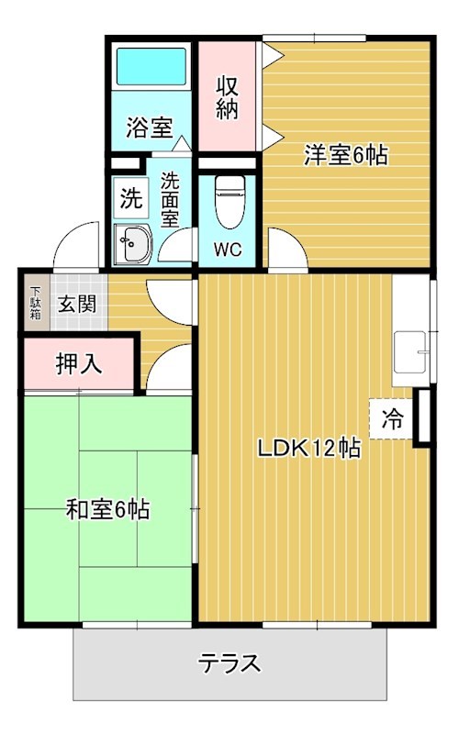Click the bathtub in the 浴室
[x=151, y=66]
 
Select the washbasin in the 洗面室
[x=133, y=244]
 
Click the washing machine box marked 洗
[x=131, y=198]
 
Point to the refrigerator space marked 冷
[x=392, y=419]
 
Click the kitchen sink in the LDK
[x=410, y=352]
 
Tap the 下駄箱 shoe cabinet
[x=36, y=303]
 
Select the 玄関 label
[x=77, y=305]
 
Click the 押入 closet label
[x=79, y=363]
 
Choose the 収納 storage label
[x=227, y=97]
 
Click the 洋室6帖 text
[x=346, y=155]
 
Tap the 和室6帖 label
[x=107, y=509]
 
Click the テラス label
[x=229, y=663]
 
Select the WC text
[x=228, y=249]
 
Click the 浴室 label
[x=150, y=128]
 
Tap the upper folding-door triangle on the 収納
[x=273, y=56]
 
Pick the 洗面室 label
[x=170, y=200]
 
